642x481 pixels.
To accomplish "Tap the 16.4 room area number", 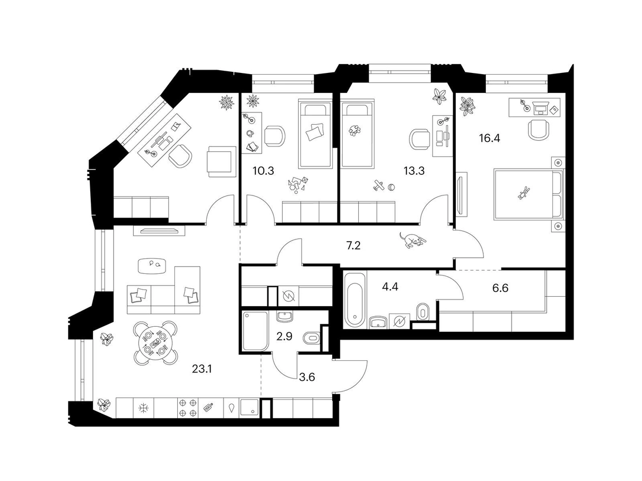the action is [x=490, y=138].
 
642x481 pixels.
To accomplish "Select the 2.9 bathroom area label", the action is [x=284, y=337].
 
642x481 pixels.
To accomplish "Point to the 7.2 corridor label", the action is [x=353, y=246].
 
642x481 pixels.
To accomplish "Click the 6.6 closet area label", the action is [x=500, y=288].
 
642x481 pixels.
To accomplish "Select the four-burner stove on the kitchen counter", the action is [x=188, y=408].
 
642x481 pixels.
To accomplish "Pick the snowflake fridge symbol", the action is [x=144, y=408].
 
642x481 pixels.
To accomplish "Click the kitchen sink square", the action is [x=250, y=408].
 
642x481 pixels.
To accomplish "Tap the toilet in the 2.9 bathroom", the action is [x=312, y=338].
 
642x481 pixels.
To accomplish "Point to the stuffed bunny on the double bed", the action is [x=523, y=192].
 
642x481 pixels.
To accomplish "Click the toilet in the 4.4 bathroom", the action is [x=422, y=313].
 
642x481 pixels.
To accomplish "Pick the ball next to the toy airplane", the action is [x=392, y=187].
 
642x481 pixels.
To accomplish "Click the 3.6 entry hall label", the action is [x=307, y=377].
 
